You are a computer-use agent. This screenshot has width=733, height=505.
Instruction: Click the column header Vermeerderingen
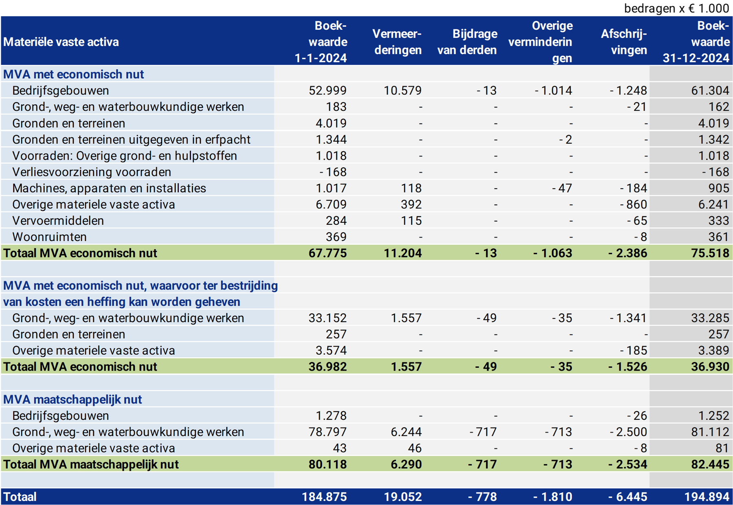pos(397,42)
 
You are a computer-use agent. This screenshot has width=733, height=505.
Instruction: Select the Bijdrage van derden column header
pos(467,42)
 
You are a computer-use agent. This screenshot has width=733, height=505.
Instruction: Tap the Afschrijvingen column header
pos(624,42)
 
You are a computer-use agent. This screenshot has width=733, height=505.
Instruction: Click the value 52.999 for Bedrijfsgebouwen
pos(327,90)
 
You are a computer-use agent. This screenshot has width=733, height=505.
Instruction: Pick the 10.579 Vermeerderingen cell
pos(402,90)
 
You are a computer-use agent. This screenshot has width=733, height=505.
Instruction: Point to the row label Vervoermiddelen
pos(58,221)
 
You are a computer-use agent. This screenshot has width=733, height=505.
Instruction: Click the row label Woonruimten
pos(49,237)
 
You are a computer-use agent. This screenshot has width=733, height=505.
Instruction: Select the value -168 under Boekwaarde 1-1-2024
pos(333,172)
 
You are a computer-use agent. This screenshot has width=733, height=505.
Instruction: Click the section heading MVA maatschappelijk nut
pos(72,400)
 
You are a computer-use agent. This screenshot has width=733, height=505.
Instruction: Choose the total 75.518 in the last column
pos(710,253)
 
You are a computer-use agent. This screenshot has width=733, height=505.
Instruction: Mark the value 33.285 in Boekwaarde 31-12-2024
pos(710,318)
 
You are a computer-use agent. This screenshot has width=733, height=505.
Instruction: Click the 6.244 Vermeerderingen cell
pos(406,432)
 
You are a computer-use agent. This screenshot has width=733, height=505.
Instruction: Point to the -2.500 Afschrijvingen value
pos(628,432)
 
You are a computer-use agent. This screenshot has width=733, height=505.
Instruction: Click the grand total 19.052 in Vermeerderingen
pos(402,497)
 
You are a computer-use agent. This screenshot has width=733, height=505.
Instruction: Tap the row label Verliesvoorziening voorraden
pos(92,172)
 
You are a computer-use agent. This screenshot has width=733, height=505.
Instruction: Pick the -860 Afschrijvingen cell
pos(633,204)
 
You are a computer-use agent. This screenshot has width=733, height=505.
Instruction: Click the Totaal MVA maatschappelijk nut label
pos(91,464)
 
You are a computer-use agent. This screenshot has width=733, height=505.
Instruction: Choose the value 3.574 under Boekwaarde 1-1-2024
pos(331,351)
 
